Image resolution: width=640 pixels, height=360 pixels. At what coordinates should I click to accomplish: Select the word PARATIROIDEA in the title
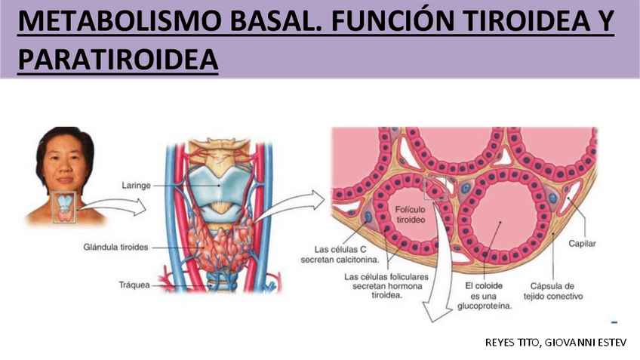pos(117,60)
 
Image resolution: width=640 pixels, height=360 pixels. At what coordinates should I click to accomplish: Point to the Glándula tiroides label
pos(116,247)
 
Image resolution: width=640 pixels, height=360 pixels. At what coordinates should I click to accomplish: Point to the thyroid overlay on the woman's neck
pos(64,202)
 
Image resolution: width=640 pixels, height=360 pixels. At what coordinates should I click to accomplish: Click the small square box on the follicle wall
pos(434,189)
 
